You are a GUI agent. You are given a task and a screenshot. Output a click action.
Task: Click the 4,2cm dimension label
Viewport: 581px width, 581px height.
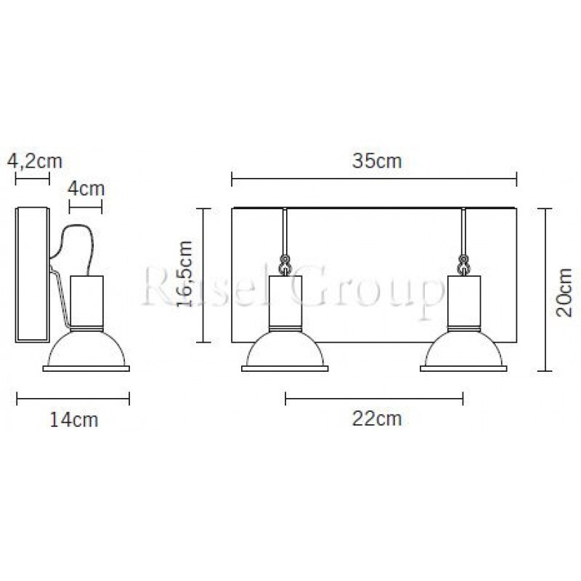(x=35, y=161)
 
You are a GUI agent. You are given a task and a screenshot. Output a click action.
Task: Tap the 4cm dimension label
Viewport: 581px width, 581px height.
(x=86, y=189)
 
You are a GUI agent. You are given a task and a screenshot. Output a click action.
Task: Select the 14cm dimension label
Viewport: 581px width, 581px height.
(x=74, y=420)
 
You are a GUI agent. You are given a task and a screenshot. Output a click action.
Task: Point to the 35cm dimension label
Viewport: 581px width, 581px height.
(x=377, y=161)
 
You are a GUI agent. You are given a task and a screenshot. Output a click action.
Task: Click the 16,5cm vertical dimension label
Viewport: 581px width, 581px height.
(x=184, y=274)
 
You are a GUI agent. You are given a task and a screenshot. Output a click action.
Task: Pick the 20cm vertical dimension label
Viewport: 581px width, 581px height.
(x=564, y=293)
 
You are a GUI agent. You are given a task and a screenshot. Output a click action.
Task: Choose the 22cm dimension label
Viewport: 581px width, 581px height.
(x=377, y=419)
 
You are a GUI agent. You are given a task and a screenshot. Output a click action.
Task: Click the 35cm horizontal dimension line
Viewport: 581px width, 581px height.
(x=374, y=179)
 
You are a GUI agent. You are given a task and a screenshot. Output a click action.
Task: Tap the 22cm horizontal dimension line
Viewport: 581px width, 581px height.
(x=374, y=398)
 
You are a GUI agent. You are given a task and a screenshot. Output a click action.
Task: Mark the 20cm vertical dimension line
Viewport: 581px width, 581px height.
(x=545, y=289)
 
